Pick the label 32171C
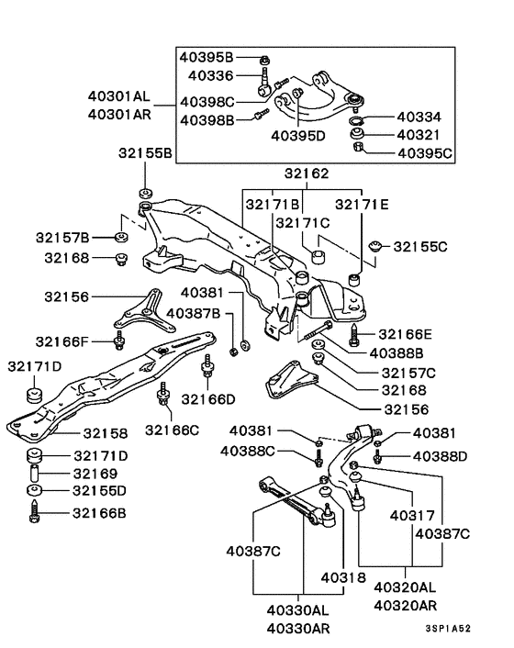tap(304, 223)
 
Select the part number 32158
tap(106, 431)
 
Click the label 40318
tap(343, 577)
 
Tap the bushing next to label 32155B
tap(144, 194)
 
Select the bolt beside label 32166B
tap(35, 510)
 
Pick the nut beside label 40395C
tap(358, 151)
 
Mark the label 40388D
tap(440, 456)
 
